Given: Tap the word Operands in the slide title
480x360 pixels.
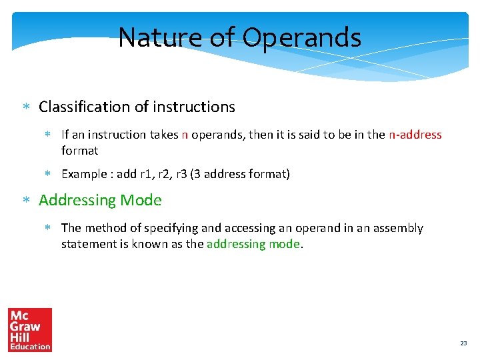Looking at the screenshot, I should click(x=302, y=38).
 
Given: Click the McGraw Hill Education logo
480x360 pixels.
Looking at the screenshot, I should click(x=30, y=329).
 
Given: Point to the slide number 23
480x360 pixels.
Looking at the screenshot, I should click(x=463, y=343).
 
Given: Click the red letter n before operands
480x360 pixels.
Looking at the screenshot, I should click(x=185, y=135).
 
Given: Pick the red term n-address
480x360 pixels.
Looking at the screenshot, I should click(x=415, y=135).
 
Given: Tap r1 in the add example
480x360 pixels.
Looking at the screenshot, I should click(x=146, y=174).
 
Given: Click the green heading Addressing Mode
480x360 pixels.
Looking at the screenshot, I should click(x=100, y=200).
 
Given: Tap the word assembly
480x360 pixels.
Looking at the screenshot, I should click(x=398, y=228).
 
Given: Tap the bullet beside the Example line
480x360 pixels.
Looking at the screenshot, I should click(x=49, y=175).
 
